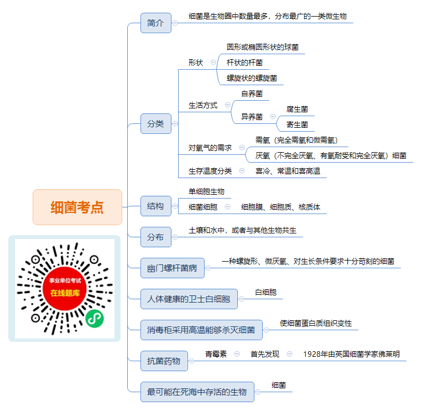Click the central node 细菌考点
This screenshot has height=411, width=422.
tap(77, 207)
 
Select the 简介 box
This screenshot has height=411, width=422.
tap(156, 23)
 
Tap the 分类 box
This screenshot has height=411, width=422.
tap(156, 123)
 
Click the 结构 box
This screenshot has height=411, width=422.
tap(156, 206)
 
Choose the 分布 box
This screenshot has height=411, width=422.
tap(156, 237)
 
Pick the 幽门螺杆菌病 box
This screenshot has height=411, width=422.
tap(173, 268)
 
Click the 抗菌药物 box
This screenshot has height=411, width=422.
tap(164, 361)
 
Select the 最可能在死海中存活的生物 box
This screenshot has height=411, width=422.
tap(197, 392)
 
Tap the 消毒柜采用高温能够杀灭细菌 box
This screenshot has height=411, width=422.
tap(201, 330)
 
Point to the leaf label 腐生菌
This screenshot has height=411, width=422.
tap(297, 110)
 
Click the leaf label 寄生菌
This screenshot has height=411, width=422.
tap(297, 124)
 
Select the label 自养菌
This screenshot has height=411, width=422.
tap(252, 93)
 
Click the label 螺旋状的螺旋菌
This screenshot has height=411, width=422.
tap(252, 78)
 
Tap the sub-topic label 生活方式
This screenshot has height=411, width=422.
tap(203, 105)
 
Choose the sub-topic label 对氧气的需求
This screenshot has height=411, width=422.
tap(210, 148)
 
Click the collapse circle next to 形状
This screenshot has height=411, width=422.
tap(213, 63)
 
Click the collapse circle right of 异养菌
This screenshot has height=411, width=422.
tap(273, 117)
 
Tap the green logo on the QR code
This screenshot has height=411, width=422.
tap(95, 319)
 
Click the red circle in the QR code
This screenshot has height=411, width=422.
tap(65, 289)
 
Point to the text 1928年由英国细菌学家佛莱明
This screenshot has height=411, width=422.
tap(352, 354)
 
